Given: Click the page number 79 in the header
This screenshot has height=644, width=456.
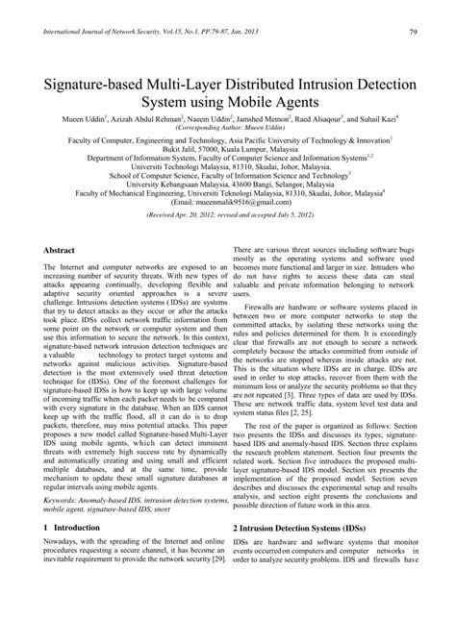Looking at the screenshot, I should click(413, 33).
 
